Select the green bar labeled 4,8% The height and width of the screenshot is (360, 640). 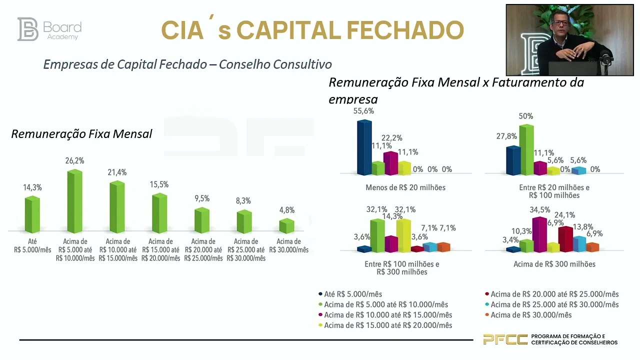click(286, 226)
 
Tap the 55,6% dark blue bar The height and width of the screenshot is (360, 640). click(364, 147)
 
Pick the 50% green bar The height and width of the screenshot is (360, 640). click(526, 150)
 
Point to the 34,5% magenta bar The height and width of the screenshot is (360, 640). click(539, 234)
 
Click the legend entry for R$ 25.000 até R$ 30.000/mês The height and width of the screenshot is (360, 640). click(554, 304)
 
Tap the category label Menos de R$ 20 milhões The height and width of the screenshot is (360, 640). click(405, 187)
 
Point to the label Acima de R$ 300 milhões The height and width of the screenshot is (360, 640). click(554, 264)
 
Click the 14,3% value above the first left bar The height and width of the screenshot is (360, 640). click(32, 187)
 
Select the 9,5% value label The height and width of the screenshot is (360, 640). click(202, 198)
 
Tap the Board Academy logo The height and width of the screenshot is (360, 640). click(49, 29)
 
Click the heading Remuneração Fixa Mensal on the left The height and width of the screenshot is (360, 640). click(81, 134)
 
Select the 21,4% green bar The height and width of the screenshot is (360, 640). click(117, 207)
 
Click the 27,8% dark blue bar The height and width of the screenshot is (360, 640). click(513, 160)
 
